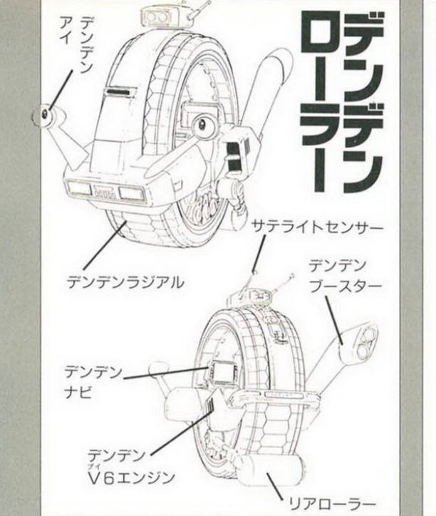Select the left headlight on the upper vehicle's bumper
(x=80, y=188)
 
